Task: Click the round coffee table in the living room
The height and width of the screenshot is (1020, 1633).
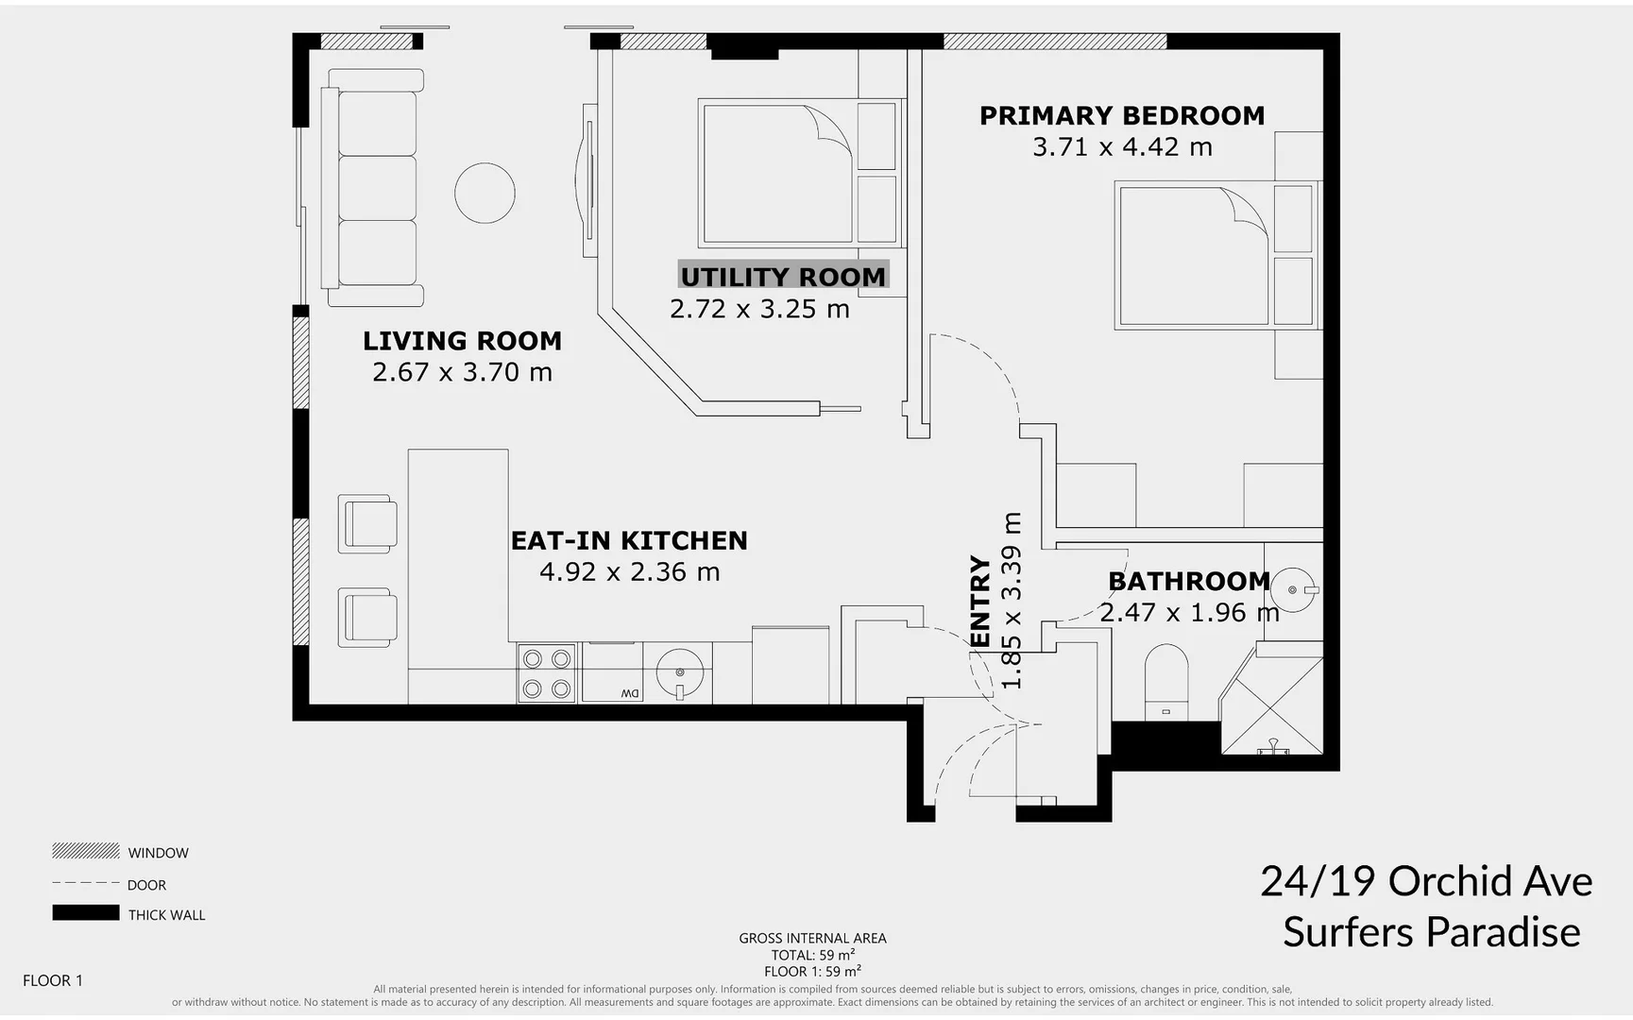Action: pos(485,193)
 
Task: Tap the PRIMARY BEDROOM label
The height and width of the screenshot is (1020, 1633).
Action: pos(1121,115)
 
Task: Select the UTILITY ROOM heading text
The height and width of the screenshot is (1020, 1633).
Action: pos(783,277)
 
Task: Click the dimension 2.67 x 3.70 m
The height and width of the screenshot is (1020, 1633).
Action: pos(462,372)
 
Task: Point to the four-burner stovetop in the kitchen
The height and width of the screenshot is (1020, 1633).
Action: pos(546,673)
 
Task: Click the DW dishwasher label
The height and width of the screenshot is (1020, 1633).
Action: pos(630,694)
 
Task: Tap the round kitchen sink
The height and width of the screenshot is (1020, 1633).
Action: pos(679,672)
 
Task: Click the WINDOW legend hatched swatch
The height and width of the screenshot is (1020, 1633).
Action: pos(85,851)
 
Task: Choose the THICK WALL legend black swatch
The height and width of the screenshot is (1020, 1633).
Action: pos(85,913)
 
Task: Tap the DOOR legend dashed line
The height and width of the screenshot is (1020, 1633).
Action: pos(85,883)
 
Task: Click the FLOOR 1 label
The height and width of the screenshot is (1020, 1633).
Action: pos(53,980)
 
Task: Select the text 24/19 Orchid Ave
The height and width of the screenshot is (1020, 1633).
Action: pos(1426,881)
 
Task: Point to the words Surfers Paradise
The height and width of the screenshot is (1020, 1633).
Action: pos(1431,932)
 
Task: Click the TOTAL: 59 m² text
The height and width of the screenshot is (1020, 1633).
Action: pos(812,955)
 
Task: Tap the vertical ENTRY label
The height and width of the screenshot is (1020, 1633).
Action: pos(980,601)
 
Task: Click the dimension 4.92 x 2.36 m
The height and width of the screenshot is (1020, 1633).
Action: pos(629,572)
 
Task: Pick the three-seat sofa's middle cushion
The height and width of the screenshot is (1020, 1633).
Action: pos(377,188)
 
